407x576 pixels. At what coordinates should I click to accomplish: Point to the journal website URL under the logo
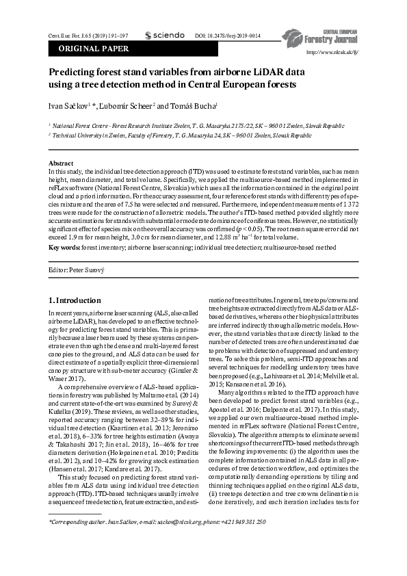[x=333, y=51]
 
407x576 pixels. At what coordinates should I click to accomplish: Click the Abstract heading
[x=60, y=163]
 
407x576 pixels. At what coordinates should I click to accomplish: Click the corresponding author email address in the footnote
[x=192, y=540]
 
